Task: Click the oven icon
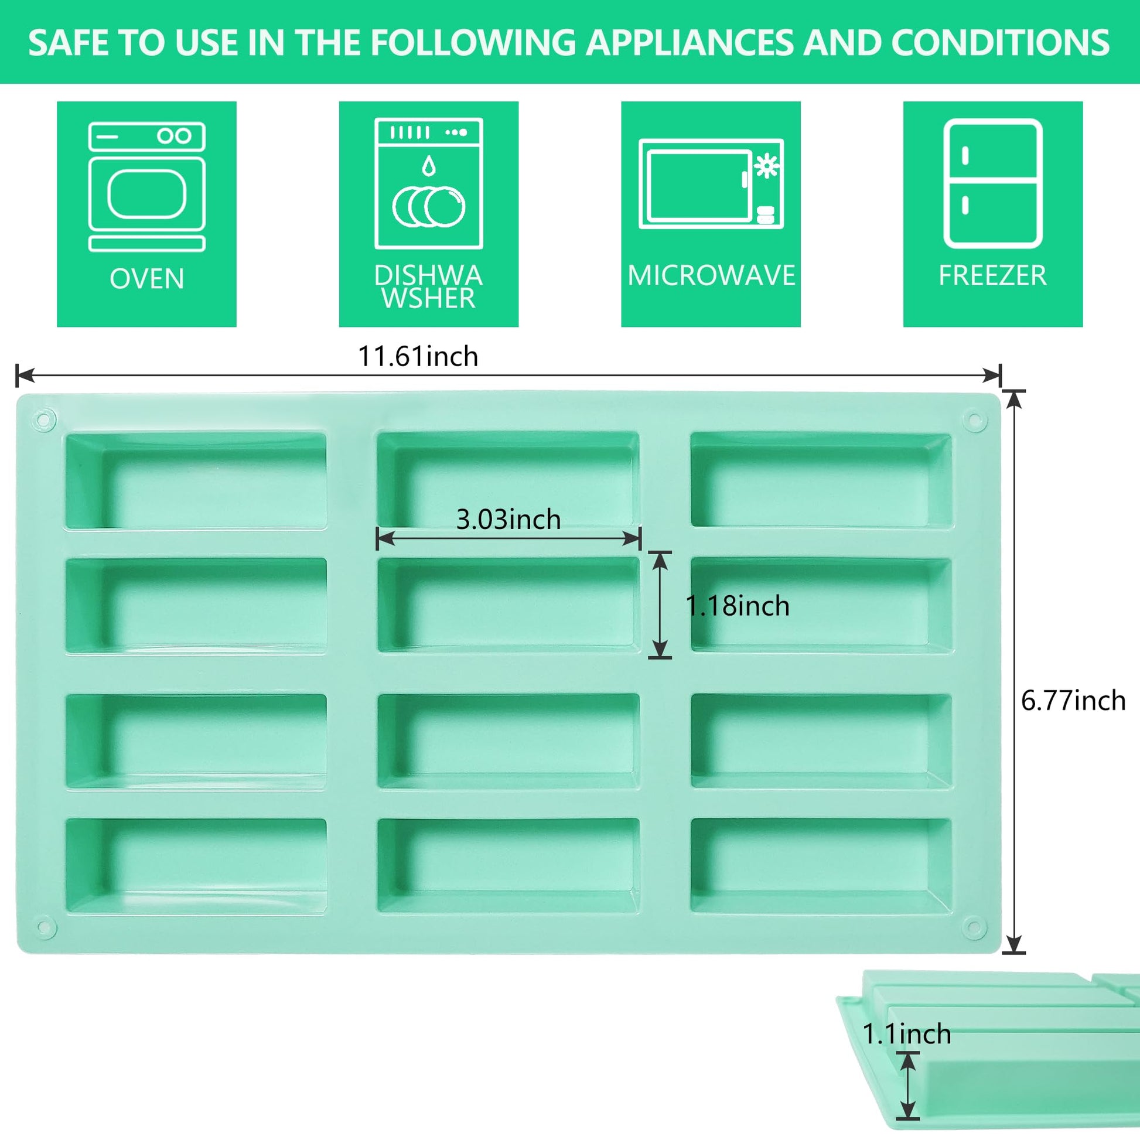(147, 186)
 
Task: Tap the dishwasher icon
(429, 183)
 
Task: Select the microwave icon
(711, 184)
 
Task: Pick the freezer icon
(993, 183)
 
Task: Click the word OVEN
(147, 278)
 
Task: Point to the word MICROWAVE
(711, 275)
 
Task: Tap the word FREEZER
(993, 275)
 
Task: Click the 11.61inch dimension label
(418, 356)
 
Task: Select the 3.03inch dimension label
(508, 519)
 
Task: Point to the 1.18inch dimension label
(738, 605)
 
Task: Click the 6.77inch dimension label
(1073, 701)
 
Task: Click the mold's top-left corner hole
(45, 421)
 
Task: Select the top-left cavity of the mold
(196, 481)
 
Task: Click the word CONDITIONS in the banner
(1000, 43)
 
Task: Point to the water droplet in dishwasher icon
(429, 166)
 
